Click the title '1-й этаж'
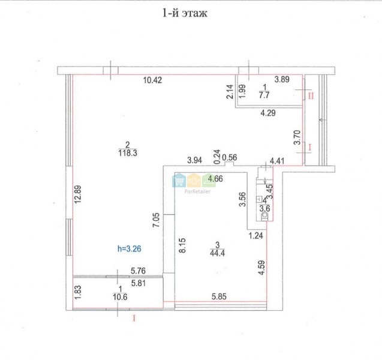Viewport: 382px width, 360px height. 185,13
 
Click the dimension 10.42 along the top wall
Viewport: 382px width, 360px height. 152,80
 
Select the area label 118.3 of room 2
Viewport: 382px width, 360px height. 128,153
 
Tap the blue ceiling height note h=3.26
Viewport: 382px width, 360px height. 130,248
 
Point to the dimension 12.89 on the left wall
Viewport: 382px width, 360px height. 78,194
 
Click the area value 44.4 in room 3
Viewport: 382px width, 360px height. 217,253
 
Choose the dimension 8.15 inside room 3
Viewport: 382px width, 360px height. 182,245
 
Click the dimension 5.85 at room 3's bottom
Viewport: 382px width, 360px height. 219,296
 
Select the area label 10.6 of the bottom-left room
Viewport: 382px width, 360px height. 120,297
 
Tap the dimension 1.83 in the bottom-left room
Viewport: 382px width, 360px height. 77,292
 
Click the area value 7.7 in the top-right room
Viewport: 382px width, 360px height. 264,95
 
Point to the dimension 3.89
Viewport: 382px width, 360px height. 282,79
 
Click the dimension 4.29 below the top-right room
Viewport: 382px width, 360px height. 268,113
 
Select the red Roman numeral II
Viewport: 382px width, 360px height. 311,96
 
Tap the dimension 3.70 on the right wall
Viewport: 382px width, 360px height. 297,137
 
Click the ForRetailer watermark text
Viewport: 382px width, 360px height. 197,191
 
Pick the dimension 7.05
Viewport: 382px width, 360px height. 156,220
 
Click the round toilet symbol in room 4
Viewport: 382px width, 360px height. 264,215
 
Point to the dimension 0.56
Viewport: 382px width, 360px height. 230,157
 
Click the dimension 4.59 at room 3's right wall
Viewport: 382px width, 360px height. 261,268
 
